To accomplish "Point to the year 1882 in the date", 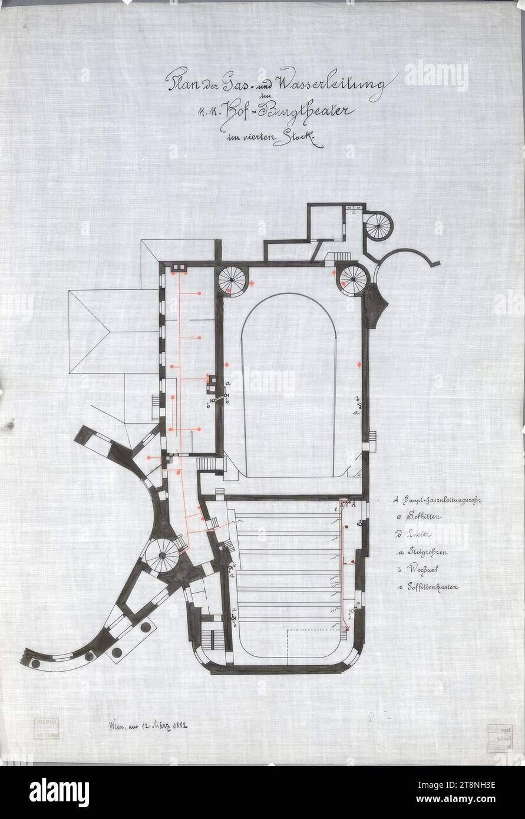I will point(176,724).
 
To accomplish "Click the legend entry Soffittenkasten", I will point(431,587).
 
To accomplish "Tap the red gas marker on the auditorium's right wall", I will point(359,366).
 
